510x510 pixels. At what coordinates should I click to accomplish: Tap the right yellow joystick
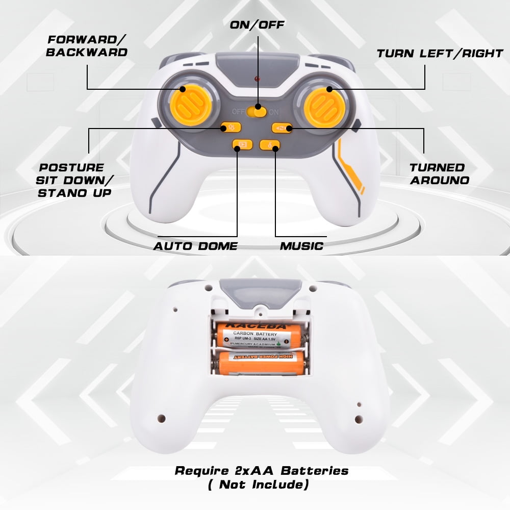pyautogui.click(x=322, y=105)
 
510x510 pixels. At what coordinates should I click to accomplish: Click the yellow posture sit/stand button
pyautogui.click(x=227, y=128)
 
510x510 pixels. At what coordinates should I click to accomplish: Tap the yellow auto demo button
pyautogui.click(x=240, y=145)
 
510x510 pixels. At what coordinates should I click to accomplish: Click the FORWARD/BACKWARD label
pyautogui.click(x=87, y=46)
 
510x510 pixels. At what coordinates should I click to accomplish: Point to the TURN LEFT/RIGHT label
pyautogui.click(x=440, y=54)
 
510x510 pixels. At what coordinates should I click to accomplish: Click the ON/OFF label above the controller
pyautogui.click(x=257, y=24)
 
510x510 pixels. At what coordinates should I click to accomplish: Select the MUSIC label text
pyautogui.click(x=301, y=246)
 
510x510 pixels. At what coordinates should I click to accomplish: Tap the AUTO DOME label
pyautogui.click(x=196, y=246)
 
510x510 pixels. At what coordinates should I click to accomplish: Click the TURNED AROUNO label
pyautogui.click(x=437, y=173)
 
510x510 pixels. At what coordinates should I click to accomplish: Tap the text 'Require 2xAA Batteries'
pyautogui.click(x=262, y=470)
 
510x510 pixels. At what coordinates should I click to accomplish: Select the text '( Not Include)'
pyautogui.click(x=258, y=484)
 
